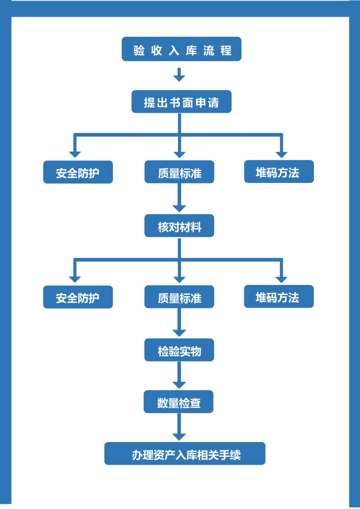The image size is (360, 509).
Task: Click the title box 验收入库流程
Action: (x=181, y=49)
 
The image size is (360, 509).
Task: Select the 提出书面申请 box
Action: (x=181, y=102)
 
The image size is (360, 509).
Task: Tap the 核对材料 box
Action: (x=179, y=226)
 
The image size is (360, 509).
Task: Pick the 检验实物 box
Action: (x=179, y=350)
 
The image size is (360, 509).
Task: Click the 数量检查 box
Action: (x=179, y=402)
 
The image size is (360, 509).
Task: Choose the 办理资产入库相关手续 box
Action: (x=185, y=454)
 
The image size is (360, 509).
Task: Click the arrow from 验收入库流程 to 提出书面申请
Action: (x=179, y=75)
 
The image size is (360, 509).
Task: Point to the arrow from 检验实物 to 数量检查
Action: (x=179, y=375)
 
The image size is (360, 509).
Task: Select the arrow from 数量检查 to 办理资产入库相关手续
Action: (x=179, y=427)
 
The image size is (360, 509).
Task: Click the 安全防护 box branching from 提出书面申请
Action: (x=78, y=172)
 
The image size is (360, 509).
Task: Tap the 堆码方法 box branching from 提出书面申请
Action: (x=279, y=171)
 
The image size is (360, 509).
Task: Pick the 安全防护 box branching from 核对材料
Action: (x=78, y=297)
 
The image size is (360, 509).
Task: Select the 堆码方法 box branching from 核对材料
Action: (x=279, y=296)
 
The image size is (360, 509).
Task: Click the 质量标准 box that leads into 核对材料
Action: (x=179, y=172)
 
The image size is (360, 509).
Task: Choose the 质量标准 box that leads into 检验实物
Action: (x=179, y=297)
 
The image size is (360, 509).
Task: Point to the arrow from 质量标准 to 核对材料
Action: (x=179, y=198)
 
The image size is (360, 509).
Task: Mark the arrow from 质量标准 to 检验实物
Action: (x=179, y=323)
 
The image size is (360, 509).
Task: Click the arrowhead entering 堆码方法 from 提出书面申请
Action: (x=281, y=154)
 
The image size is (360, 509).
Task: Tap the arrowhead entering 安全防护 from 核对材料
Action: (x=75, y=279)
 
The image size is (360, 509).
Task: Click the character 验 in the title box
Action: (x=139, y=49)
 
